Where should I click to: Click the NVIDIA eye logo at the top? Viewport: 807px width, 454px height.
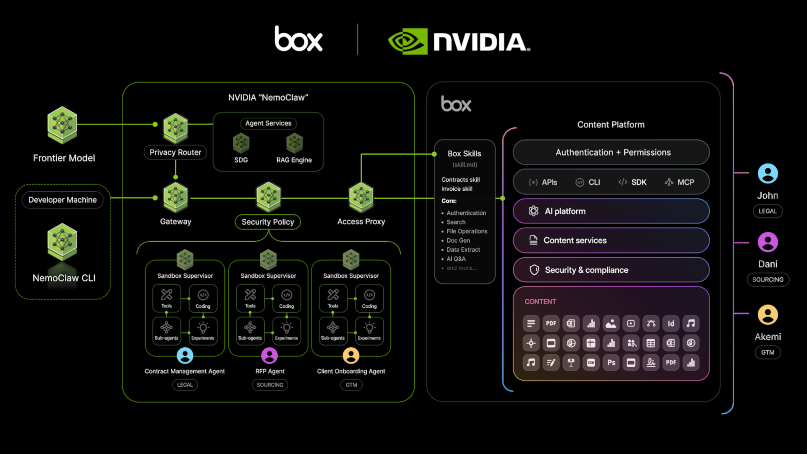pos(407,41)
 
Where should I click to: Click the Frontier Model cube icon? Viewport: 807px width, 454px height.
pos(62,125)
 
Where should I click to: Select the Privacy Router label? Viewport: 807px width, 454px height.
pos(175,152)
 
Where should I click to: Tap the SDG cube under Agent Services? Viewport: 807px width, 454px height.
pos(241,143)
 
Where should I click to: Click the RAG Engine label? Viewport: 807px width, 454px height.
pos(294,160)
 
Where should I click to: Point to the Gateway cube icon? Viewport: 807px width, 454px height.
pos(175,197)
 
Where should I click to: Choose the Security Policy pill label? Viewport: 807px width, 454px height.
pos(268,222)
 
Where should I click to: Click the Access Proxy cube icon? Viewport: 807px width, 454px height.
pos(361,197)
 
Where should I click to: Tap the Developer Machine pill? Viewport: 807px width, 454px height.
pos(63,200)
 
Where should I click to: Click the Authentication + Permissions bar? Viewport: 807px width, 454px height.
pos(611,152)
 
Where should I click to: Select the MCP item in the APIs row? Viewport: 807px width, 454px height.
pos(680,182)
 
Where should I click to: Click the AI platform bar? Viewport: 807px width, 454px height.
pos(611,211)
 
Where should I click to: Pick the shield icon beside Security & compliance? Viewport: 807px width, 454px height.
pos(534,270)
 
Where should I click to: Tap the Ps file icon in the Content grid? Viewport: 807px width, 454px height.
pos(611,362)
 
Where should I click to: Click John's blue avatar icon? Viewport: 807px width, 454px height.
pos(767,173)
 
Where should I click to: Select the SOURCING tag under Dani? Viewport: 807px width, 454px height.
pos(767,280)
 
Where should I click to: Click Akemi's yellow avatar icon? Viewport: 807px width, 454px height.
pos(767,314)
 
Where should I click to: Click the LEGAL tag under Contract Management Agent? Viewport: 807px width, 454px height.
pos(185,385)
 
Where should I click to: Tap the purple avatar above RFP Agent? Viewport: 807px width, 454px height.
pos(269,356)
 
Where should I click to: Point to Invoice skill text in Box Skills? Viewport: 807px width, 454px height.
pos(457,189)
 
